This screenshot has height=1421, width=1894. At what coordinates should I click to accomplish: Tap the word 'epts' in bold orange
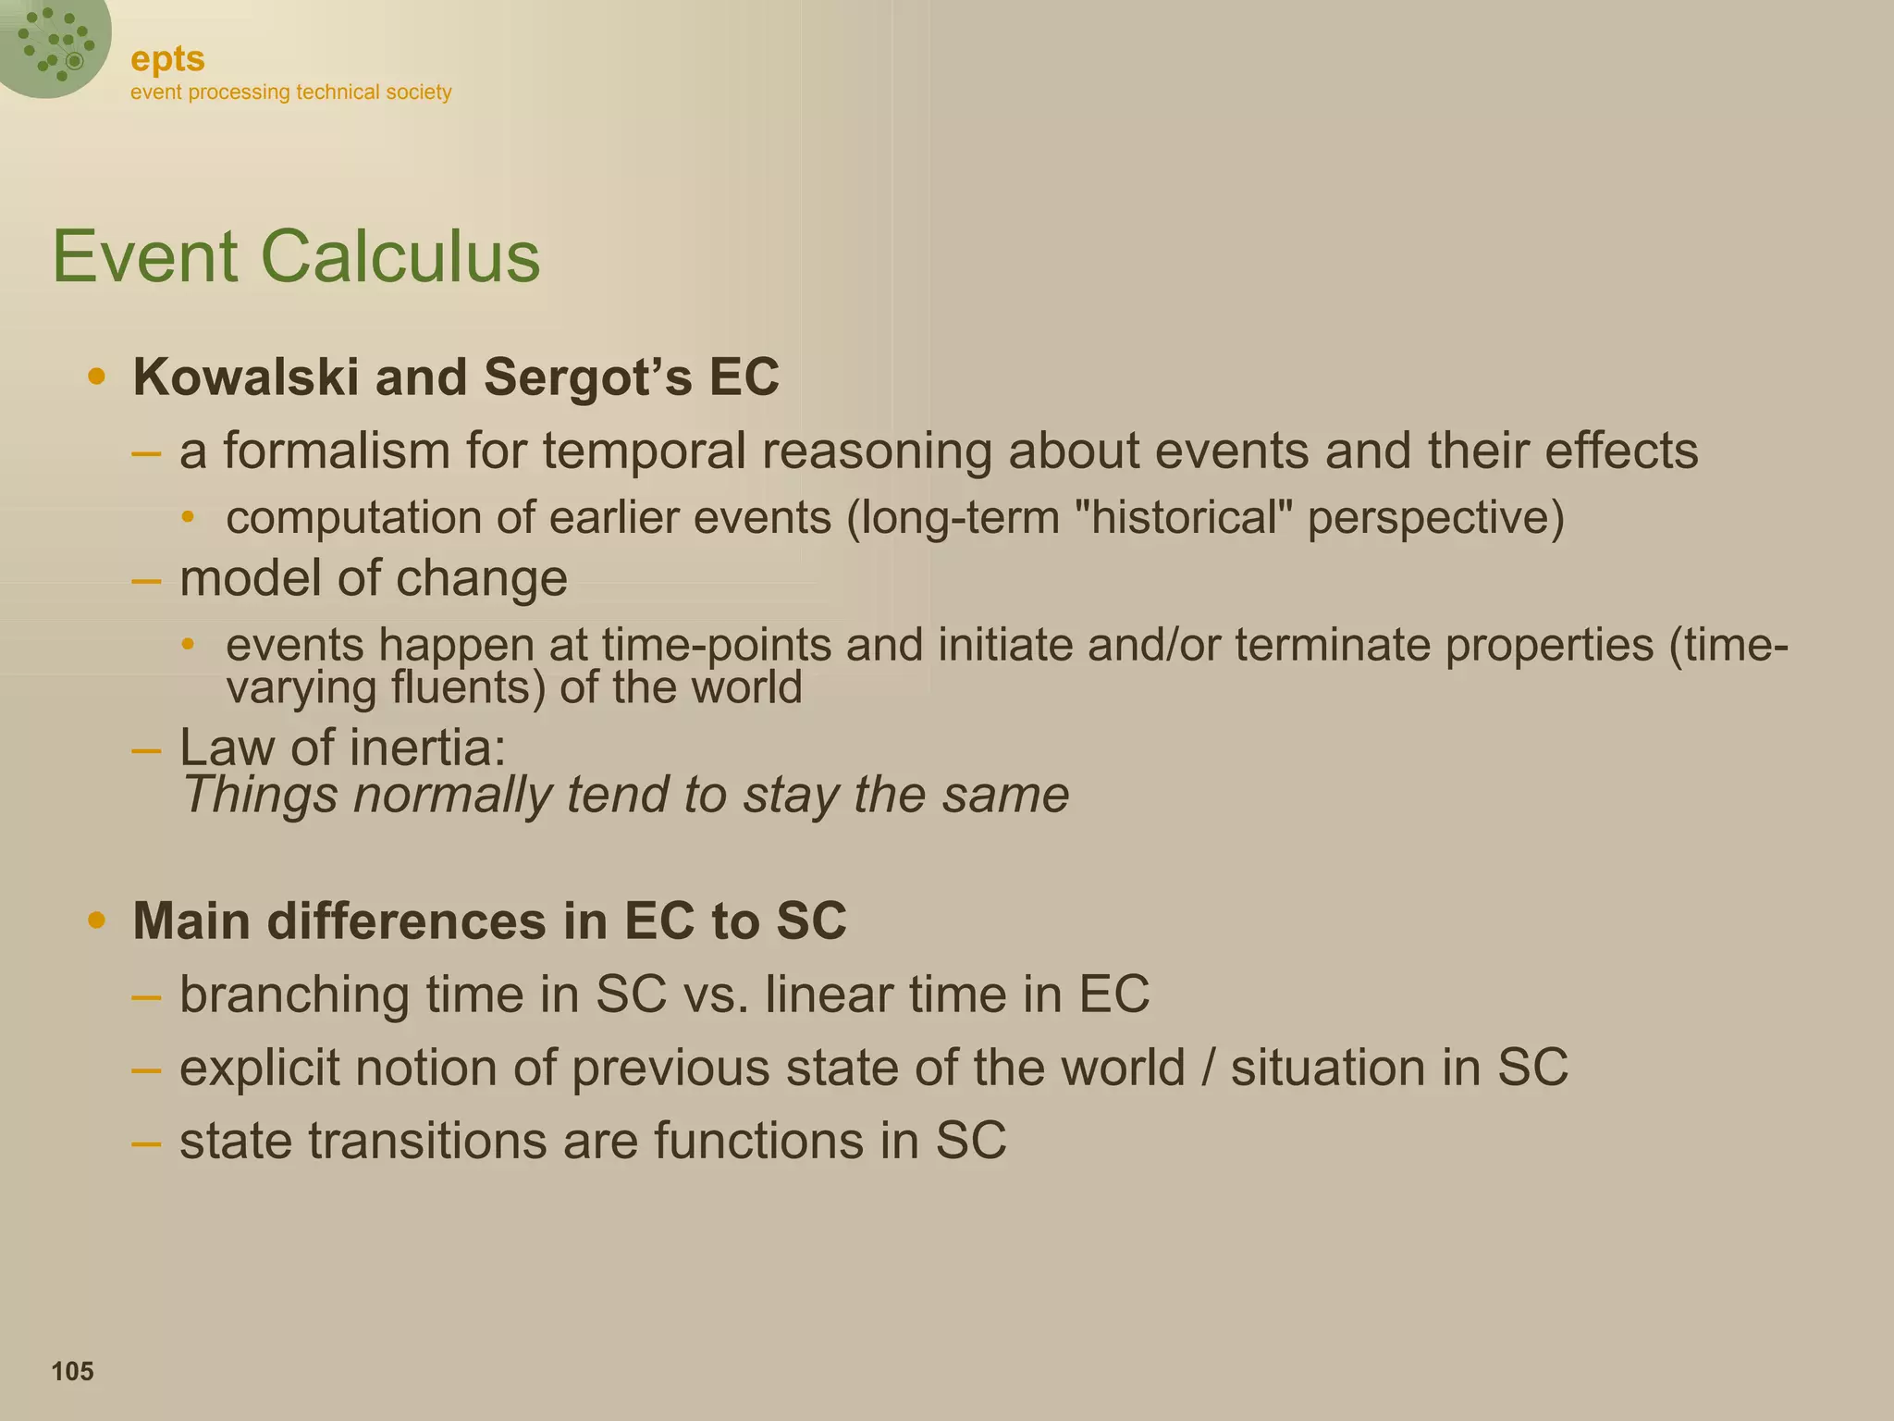click(x=167, y=59)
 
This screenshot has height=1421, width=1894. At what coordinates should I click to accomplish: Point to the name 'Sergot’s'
click(x=587, y=377)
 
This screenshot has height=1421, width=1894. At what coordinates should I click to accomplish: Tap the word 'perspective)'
click(x=1435, y=517)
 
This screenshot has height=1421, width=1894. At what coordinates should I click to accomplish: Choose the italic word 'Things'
click(x=260, y=795)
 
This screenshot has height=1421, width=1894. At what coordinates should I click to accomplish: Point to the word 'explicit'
click(x=259, y=1068)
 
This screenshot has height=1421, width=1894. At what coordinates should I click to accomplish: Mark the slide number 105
click(x=72, y=1371)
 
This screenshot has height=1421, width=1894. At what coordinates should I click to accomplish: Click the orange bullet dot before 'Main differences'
click(x=96, y=921)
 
